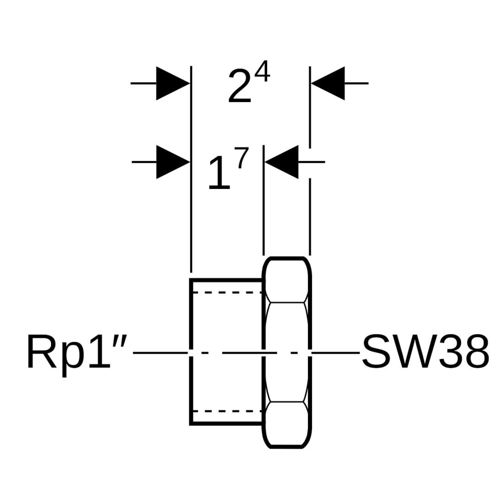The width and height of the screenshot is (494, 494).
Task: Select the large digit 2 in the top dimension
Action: [x=240, y=86]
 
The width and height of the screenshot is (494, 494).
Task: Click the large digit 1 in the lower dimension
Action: [x=219, y=174]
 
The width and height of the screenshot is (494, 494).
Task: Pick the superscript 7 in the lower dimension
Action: [x=241, y=158]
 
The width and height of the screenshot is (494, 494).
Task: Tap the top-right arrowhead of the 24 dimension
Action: [x=328, y=83]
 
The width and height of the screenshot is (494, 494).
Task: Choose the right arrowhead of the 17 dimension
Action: [x=282, y=162]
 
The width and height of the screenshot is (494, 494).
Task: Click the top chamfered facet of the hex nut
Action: [x=287, y=280]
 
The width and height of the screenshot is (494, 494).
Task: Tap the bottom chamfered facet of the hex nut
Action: [x=287, y=424]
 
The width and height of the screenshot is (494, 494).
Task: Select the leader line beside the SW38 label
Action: [x=336, y=353]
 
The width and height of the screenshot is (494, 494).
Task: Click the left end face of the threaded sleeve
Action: [x=191, y=320]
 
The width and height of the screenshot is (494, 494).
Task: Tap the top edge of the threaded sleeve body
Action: [x=226, y=279]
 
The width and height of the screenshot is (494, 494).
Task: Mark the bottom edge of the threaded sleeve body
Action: [x=226, y=424]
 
